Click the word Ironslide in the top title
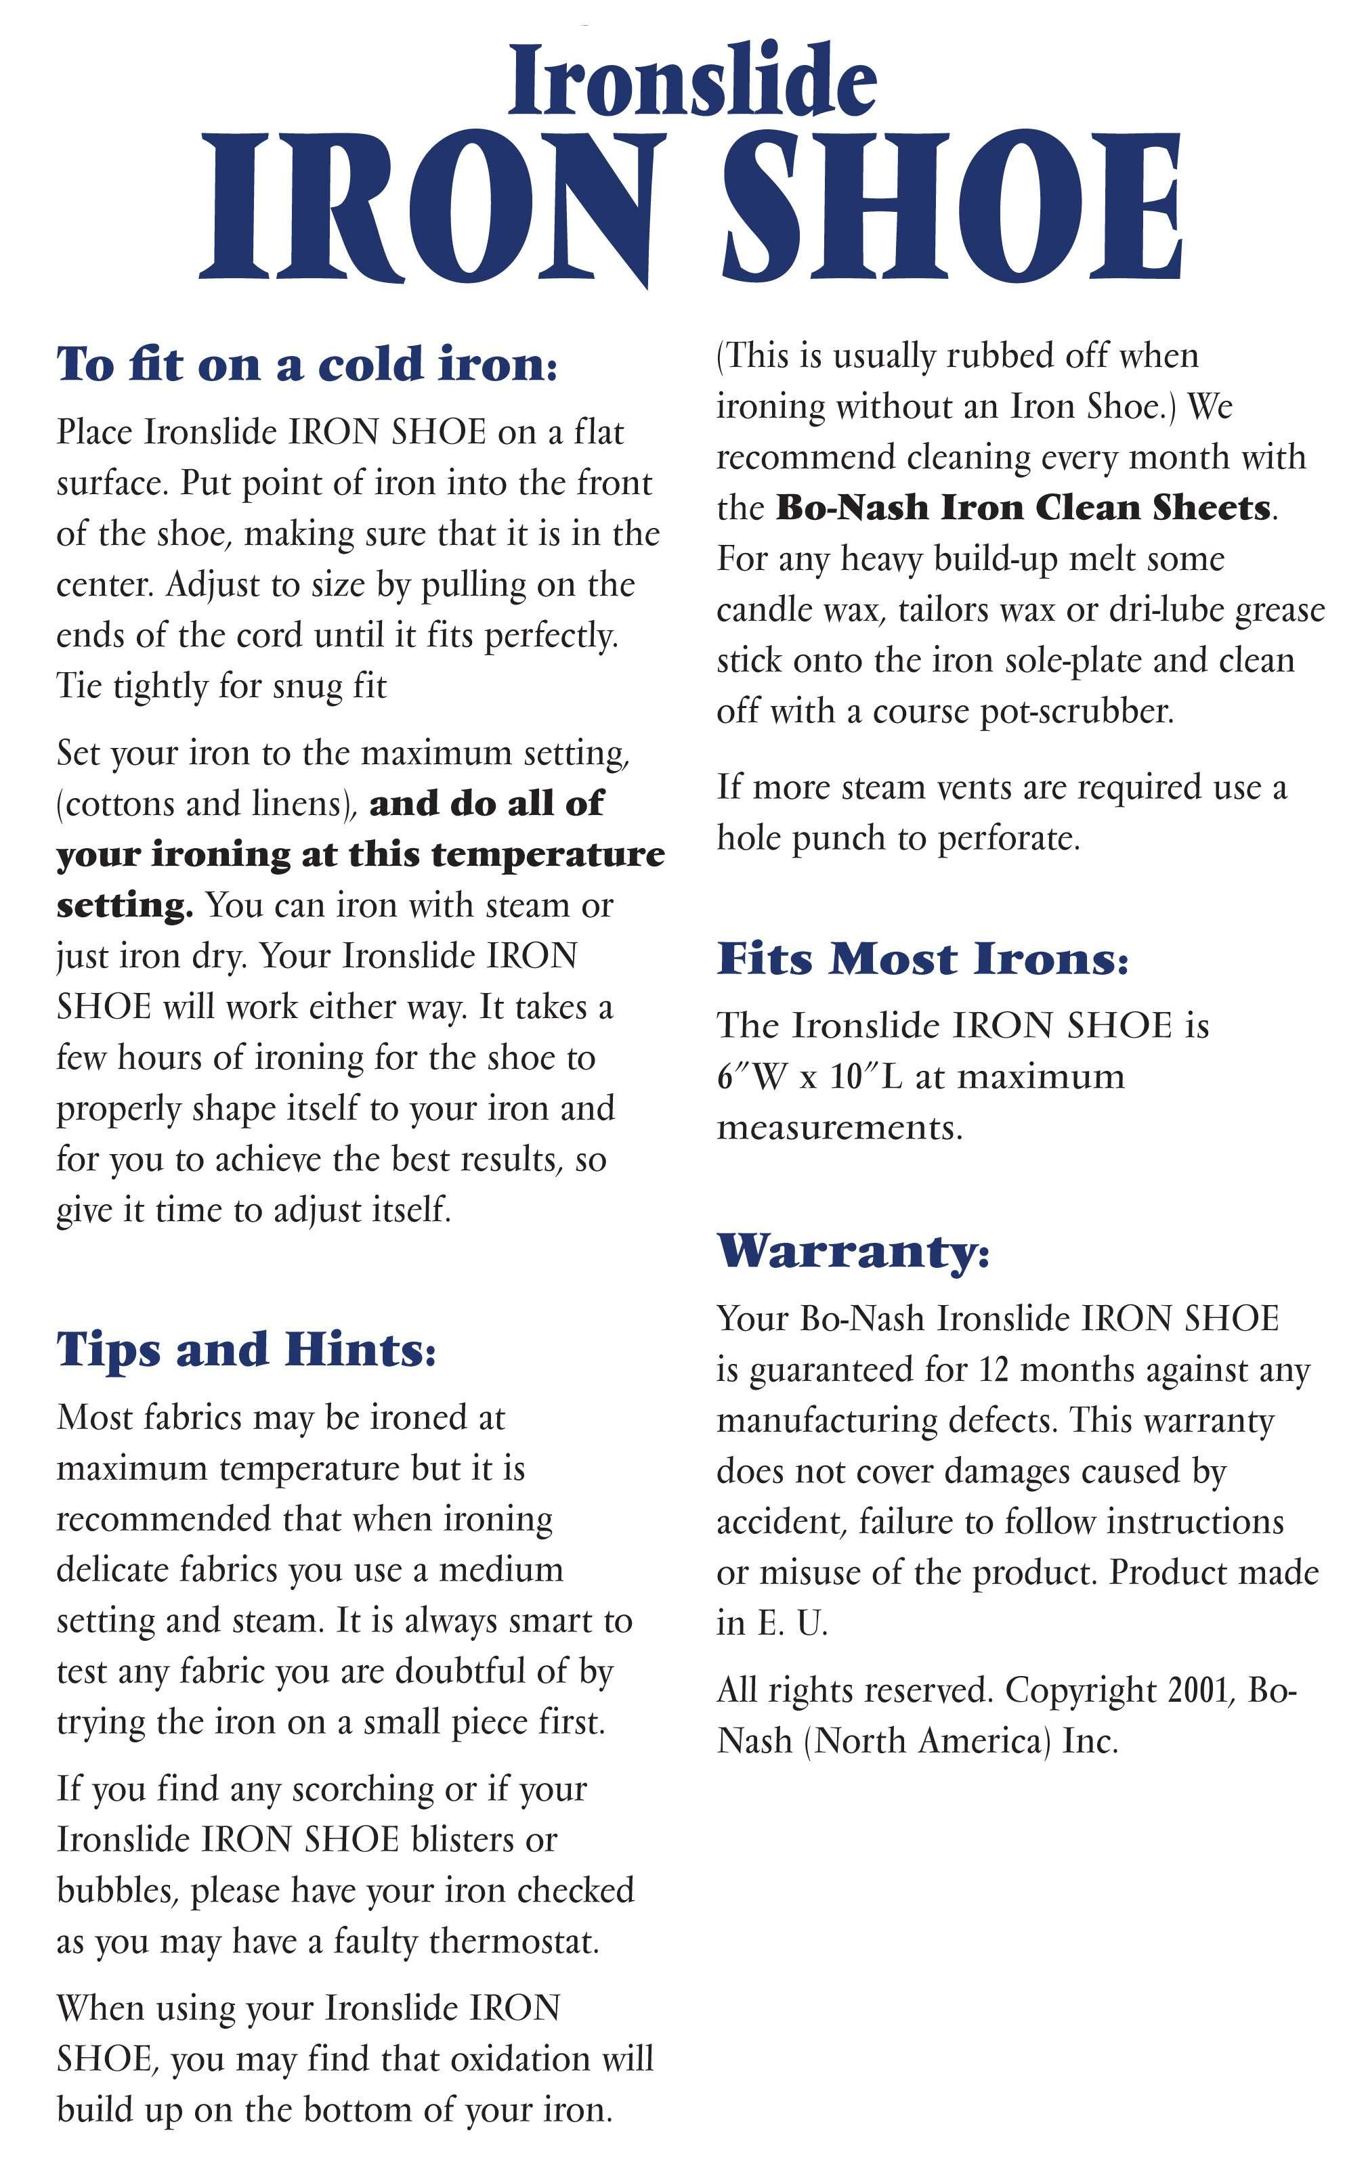click(x=692, y=80)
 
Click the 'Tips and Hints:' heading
click(x=247, y=1350)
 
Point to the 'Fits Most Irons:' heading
click(x=922, y=959)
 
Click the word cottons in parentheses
click(x=116, y=803)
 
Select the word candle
click(x=765, y=610)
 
